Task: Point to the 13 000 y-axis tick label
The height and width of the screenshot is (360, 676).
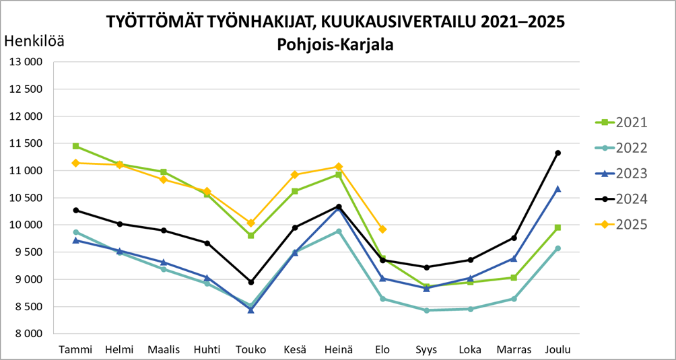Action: coord(26,62)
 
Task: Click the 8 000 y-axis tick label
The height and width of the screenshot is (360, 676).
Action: coord(28,334)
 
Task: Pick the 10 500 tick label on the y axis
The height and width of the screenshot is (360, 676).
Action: coord(26,198)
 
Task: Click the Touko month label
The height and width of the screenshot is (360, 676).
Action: coord(250,350)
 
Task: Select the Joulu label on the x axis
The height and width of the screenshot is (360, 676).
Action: coord(557,350)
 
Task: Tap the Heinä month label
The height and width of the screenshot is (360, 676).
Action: coord(339,350)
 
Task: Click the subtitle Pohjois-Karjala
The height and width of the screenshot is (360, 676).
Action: coord(335,46)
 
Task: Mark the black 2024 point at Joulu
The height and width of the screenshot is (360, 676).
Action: coord(557,153)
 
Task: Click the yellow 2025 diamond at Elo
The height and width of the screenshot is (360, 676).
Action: coord(382,229)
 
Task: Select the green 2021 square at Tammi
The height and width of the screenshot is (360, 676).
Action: coord(75,146)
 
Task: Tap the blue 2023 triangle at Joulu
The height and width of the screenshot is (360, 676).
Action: coord(557,189)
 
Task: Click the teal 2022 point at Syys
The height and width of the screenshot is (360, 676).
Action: coord(426,310)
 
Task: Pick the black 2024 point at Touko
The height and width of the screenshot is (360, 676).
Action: coord(251,282)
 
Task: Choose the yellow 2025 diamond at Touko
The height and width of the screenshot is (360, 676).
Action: coord(251,223)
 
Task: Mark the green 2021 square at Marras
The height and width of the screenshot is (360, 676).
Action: coord(514,277)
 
